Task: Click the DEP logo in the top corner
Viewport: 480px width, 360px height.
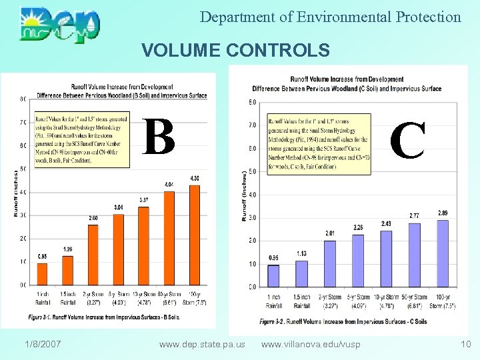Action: click(x=60, y=24)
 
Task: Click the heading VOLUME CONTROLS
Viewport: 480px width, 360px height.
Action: click(x=235, y=51)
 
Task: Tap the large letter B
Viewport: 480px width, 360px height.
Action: click(x=159, y=137)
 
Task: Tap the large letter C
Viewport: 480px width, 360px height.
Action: click(x=407, y=141)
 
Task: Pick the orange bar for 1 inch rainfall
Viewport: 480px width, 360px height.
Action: click(x=42, y=274)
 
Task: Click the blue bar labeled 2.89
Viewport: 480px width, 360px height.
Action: click(x=443, y=253)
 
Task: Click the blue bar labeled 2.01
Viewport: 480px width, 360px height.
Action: click(x=330, y=263)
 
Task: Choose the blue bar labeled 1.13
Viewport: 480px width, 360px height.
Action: click(x=302, y=273)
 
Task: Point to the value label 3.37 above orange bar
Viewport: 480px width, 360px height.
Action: click(x=143, y=200)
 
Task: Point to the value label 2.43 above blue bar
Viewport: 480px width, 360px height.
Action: click(x=386, y=223)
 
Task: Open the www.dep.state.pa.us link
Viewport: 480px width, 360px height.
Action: click(x=202, y=345)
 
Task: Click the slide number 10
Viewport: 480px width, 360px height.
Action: click(x=465, y=344)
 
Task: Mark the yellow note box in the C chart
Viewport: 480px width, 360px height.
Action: click(x=318, y=144)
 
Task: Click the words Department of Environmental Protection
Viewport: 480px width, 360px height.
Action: click(x=330, y=17)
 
